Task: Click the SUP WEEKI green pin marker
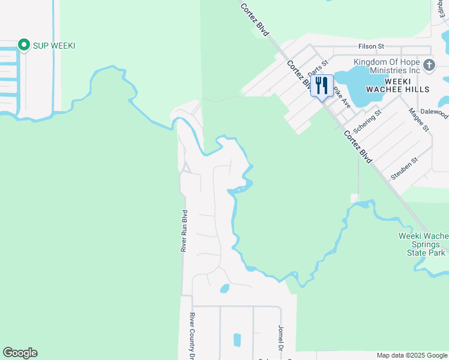[24, 45]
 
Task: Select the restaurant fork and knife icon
[321, 85]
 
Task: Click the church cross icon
[429, 65]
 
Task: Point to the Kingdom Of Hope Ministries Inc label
[387, 66]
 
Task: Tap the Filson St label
[370, 46]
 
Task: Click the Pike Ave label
[342, 96]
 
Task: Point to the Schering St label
[367, 121]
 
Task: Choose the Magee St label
[418, 119]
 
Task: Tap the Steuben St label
[403, 167]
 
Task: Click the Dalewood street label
[435, 112]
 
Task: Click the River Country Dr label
[192, 335]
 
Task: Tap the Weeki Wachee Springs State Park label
[423, 244]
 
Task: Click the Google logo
[20, 353]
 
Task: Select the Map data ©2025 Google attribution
[412, 355]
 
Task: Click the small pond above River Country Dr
[224, 289]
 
